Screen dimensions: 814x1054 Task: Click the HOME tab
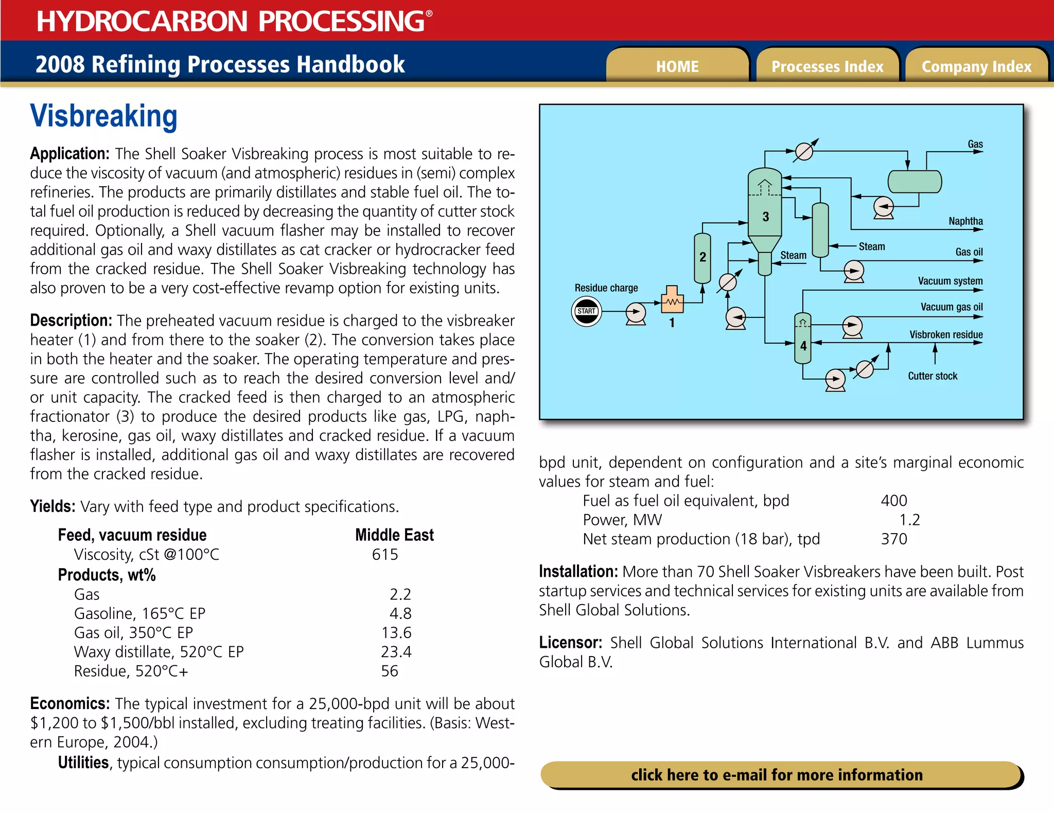click(x=677, y=66)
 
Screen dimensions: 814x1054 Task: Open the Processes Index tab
click(x=827, y=66)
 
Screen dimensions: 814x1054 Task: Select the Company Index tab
click(x=976, y=66)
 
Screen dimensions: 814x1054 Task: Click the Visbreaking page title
click(x=103, y=116)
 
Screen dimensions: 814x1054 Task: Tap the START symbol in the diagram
click(x=586, y=311)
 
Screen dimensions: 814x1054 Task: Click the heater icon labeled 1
click(x=672, y=301)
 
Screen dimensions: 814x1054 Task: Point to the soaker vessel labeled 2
click(x=702, y=257)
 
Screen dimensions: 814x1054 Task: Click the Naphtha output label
click(x=965, y=221)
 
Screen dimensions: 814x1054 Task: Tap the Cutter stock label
click(x=932, y=376)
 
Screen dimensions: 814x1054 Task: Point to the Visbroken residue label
click(x=945, y=335)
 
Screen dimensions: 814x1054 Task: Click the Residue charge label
click(x=606, y=288)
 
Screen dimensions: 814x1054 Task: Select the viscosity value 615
click(x=385, y=555)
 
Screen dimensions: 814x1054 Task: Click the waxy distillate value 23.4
click(x=396, y=652)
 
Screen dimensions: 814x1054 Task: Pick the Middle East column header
click(x=394, y=535)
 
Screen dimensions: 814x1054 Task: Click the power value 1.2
click(x=909, y=520)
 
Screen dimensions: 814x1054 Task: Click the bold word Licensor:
click(x=570, y=643)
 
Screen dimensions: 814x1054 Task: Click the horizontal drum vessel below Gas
click(x=915, y=182)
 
